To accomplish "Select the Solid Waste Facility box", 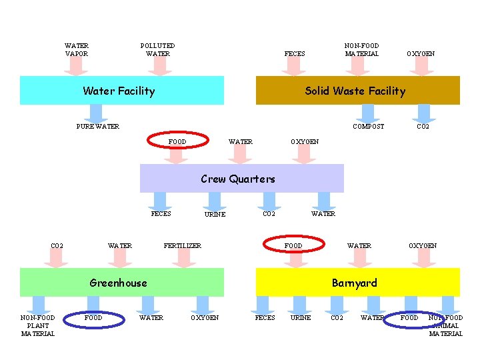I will click(x=358, y=91).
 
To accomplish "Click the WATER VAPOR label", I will click(x=77, y=50).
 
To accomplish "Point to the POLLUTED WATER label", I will click(x=158, y=50).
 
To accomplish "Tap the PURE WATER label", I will click(x=98, y=127).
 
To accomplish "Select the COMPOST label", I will click(x=369, y=127).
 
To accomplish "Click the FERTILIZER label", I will click(x=183, y=246).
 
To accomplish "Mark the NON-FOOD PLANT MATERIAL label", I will click(x=38, y=326).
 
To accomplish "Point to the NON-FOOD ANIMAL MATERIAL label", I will click(x=445, y=326).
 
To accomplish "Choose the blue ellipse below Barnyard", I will click(x=409, y=319).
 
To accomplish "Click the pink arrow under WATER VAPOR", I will click(x=77, y=66).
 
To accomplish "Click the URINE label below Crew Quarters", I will click(x=215, y=215).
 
